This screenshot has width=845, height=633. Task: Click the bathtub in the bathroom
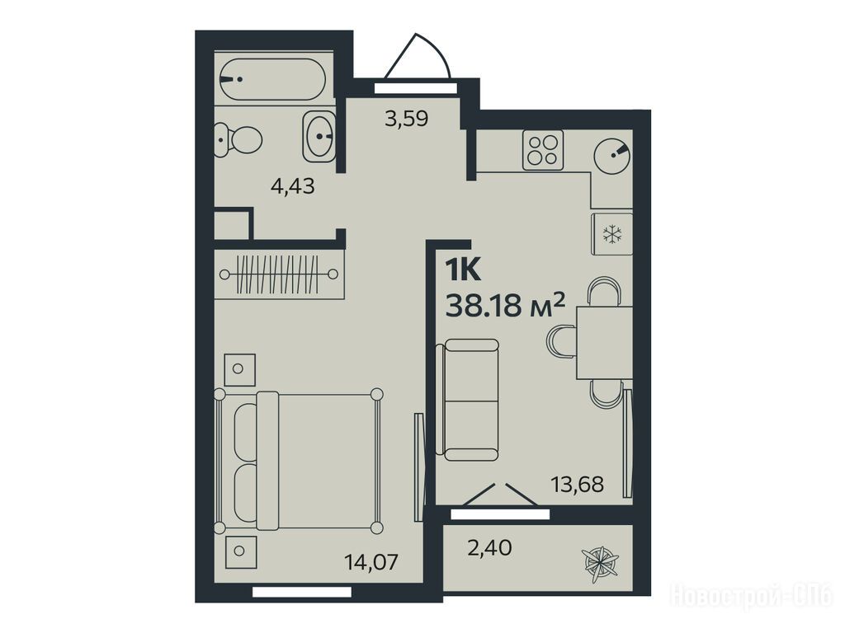click(x=272, y=79)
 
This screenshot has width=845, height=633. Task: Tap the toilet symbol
click(x=238, y=139)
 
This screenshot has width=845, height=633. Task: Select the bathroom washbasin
click(x=319, y=136)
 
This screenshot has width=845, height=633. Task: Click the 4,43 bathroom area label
click(x=293, y=187)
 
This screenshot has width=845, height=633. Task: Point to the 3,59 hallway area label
click(x=406, y=118)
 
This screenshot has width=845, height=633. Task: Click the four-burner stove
click(x=543, y=150)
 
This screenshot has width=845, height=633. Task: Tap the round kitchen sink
click(x=613, y=154)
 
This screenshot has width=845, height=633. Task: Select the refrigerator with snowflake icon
click(x=611, y=234)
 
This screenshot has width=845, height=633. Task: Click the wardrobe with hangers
click(x=279, y=274)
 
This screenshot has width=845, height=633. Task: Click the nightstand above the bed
click(x=239, y=369)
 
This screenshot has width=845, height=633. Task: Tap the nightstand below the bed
click(x=240, y=551)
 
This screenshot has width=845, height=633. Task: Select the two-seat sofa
click(x=467, y=400)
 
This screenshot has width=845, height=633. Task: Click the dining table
click(x=605, y=342)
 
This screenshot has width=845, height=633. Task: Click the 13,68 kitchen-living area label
click(x=577, y=485)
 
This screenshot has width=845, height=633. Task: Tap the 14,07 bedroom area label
click(x=371, y=562)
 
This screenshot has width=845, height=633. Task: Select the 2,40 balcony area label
click(x=490, y=548)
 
